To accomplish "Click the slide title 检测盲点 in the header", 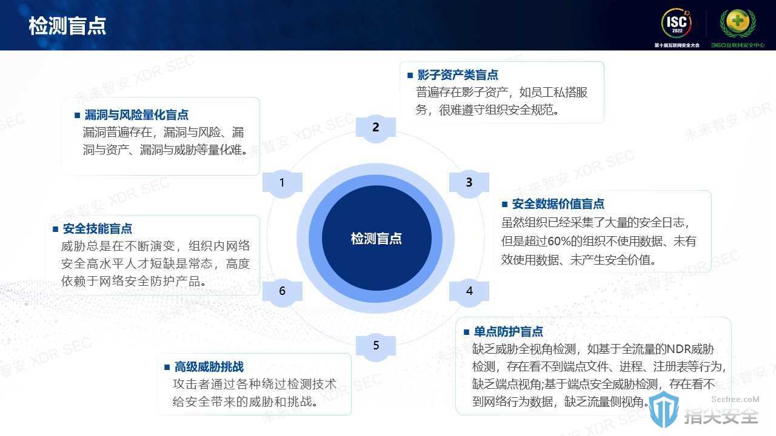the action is tap(67, 25).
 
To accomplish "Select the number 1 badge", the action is tap(283, 182).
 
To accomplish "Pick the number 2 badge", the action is tap(376, 127).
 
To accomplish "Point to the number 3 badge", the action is tap(469, 182).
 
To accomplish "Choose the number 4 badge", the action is tap(469, 291).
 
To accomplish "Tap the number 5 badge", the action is tap(376, 345).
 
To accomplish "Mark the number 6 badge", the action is tap(283, 291).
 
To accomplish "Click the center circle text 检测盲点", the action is tap(376, 239).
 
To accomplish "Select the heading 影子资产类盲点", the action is tap(458, 74).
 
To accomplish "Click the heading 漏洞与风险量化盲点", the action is tap(136, 115).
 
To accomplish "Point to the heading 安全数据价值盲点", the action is tap(558, 204).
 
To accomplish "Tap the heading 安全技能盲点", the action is tap(98, 229).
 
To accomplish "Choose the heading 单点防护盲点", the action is tap(508, 332).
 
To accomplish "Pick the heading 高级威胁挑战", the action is tap(209, 367).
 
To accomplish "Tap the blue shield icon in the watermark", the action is tap(663, 410).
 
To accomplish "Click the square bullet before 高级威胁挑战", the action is tap(167, 367).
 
